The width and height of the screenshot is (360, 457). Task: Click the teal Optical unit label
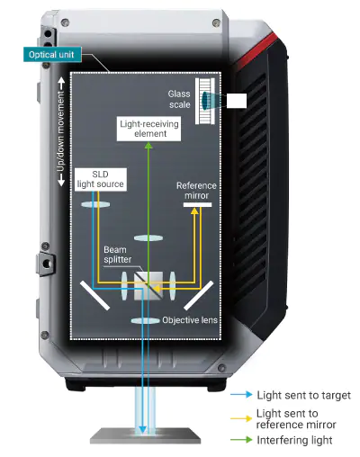[x=52, y=55]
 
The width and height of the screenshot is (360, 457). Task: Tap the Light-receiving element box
[x=148, y=129]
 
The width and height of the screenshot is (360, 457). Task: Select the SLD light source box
[x=101, y=179]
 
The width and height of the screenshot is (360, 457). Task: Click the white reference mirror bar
[x=197, y=205]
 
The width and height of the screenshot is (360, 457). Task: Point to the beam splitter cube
[x=148, y=286]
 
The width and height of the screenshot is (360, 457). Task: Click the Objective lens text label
[x=190, y=320]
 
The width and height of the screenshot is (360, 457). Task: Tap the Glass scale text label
[x=179, y=99]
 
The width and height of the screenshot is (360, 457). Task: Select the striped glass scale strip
[x=205, y=101]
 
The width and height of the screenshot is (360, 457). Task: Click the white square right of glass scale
[x=237, y=101]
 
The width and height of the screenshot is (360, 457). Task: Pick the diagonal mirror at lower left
[x=94, y=295]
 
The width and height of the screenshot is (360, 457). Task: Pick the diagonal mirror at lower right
[x=198, y=295]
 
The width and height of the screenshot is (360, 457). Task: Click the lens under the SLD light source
[x=95, y=204]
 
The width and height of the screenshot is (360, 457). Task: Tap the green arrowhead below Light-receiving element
[x=148, y=146]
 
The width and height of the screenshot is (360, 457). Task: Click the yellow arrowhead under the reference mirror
[x=194, y=211]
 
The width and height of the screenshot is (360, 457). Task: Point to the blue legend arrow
[x=241, y=395]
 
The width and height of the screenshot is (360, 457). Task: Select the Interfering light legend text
[x=294, y=440]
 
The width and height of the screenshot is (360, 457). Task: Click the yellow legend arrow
[x=241, y=418]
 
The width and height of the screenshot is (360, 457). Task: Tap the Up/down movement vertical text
[x=61, y=131]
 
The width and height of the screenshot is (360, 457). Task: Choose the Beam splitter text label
[x=118, y=255]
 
